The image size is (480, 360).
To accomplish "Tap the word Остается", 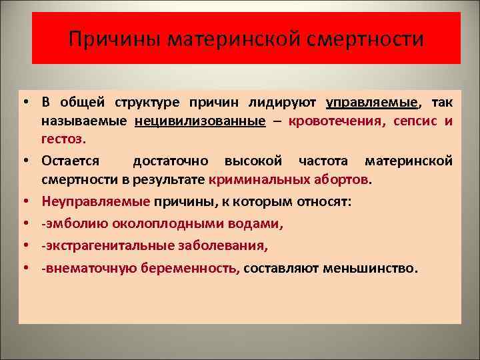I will coord(71,161).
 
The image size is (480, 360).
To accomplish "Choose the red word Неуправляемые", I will coord(96,200).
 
